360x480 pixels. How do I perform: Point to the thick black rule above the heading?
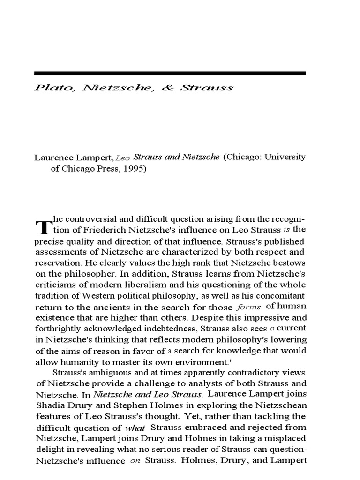pyautogui.click(x=170, y=73)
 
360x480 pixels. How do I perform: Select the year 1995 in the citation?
pyautogui.click(x=135, y=169)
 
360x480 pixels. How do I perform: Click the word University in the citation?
pyautogui.click(x=284, y=157)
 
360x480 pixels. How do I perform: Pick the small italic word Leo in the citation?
pyautogui.click(x=121, y=158)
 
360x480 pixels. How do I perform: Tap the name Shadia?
pyautogui.click(x=48, y=405)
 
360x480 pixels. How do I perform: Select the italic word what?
pyautogui.click(x=135, y=428)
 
